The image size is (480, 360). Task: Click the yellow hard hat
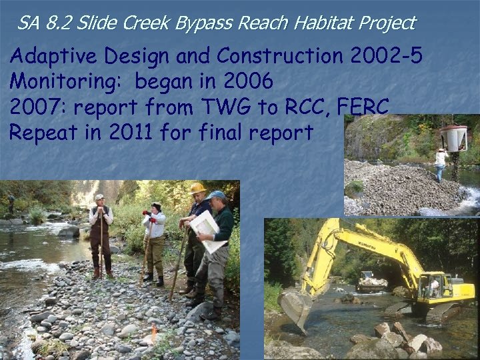point(197,189)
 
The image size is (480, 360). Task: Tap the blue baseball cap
point(216,195)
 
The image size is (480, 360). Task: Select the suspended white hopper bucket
point(453,138)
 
